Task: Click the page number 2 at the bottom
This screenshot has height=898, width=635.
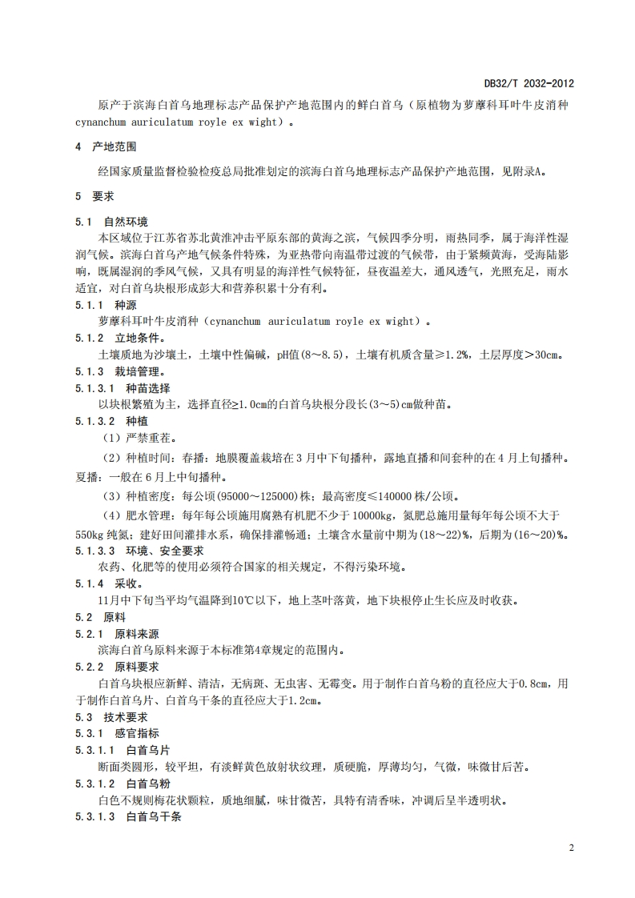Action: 571,848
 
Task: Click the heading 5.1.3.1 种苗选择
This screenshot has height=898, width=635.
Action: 123,388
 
